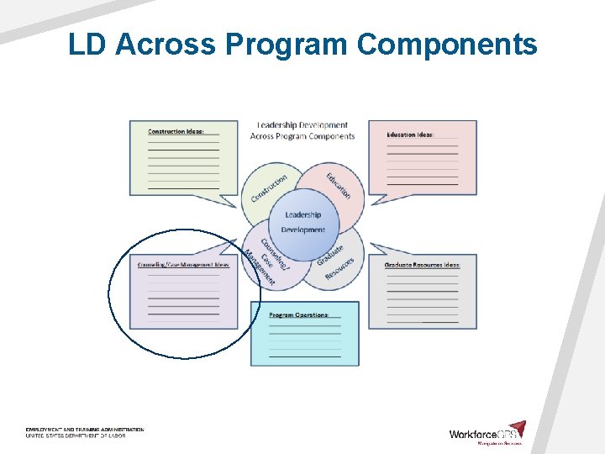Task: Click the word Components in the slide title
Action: pyautogui.click(x=446, y=44)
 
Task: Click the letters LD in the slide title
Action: pyautogui.click(x=87, y=44)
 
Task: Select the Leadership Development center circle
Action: pyautogui.click(x=302, y=222)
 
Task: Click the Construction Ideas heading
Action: pyautogui.click(x=176, y=132)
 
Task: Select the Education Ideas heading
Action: pyautogui.click(x=410, y=135)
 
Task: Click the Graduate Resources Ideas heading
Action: pyautogui.click(x=422, y=265)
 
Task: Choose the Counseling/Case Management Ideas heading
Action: pyautogui.click(x=183, y=265)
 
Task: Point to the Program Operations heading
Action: pyautogui.click(x=298, y=315)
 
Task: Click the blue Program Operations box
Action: pyautogui.click(x=304, y=340)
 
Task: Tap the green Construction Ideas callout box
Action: pyautogui.click(x=183, y=164)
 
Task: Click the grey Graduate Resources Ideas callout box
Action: pyautogui.click(x=423, y=294)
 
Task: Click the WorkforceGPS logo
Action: pyautogui.click(x=487, y=433)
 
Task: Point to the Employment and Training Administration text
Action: pyautogui.click(x=84, y=430)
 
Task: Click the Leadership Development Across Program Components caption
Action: pyautogui.click(x=302, y=131)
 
